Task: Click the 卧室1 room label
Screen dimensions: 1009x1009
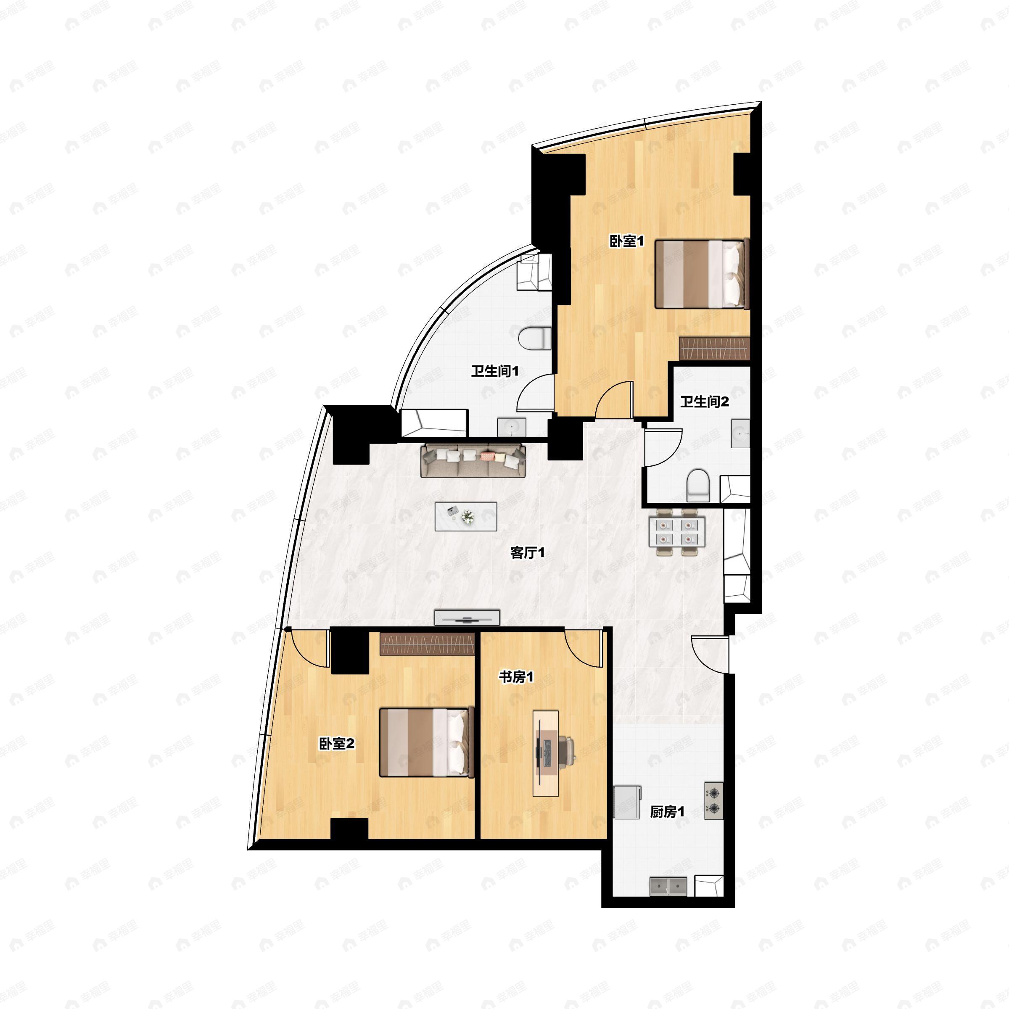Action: (627, 241)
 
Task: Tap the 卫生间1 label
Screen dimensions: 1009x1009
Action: (494, 371)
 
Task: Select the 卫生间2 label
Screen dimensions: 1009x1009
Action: (705, 401)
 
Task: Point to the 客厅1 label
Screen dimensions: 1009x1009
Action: (528, 552)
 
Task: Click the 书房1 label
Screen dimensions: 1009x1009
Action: (516, 677)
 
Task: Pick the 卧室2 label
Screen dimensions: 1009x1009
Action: (337, 744)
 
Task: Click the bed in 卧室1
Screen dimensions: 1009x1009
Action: (701, 274)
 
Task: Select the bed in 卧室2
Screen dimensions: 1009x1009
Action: (425, 742)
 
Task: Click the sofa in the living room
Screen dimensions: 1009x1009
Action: (473, 460)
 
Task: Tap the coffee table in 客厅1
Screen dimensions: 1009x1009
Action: (465, 517)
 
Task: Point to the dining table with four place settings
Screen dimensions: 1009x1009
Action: (676, 532)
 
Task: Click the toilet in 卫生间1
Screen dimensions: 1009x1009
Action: (535, 338)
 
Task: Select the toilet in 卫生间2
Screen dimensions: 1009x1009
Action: (698, 485)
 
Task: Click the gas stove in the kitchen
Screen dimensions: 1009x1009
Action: (713, 800)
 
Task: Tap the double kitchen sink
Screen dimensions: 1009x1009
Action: (668, 886)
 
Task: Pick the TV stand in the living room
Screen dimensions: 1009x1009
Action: (467, 617)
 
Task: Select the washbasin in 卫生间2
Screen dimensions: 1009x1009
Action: (740, 433)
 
